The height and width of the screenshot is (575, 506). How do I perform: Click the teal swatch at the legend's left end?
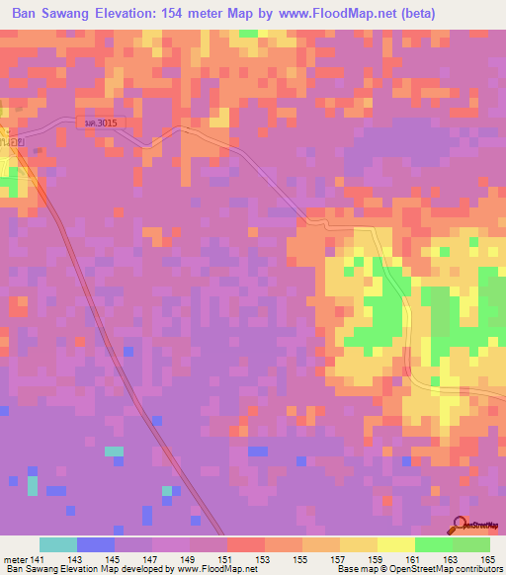point(58,544)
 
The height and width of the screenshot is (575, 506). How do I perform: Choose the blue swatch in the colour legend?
point(96,544)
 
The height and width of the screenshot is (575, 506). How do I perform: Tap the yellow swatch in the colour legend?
point(395,544)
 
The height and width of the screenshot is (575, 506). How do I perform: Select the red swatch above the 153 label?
point(245,544)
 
